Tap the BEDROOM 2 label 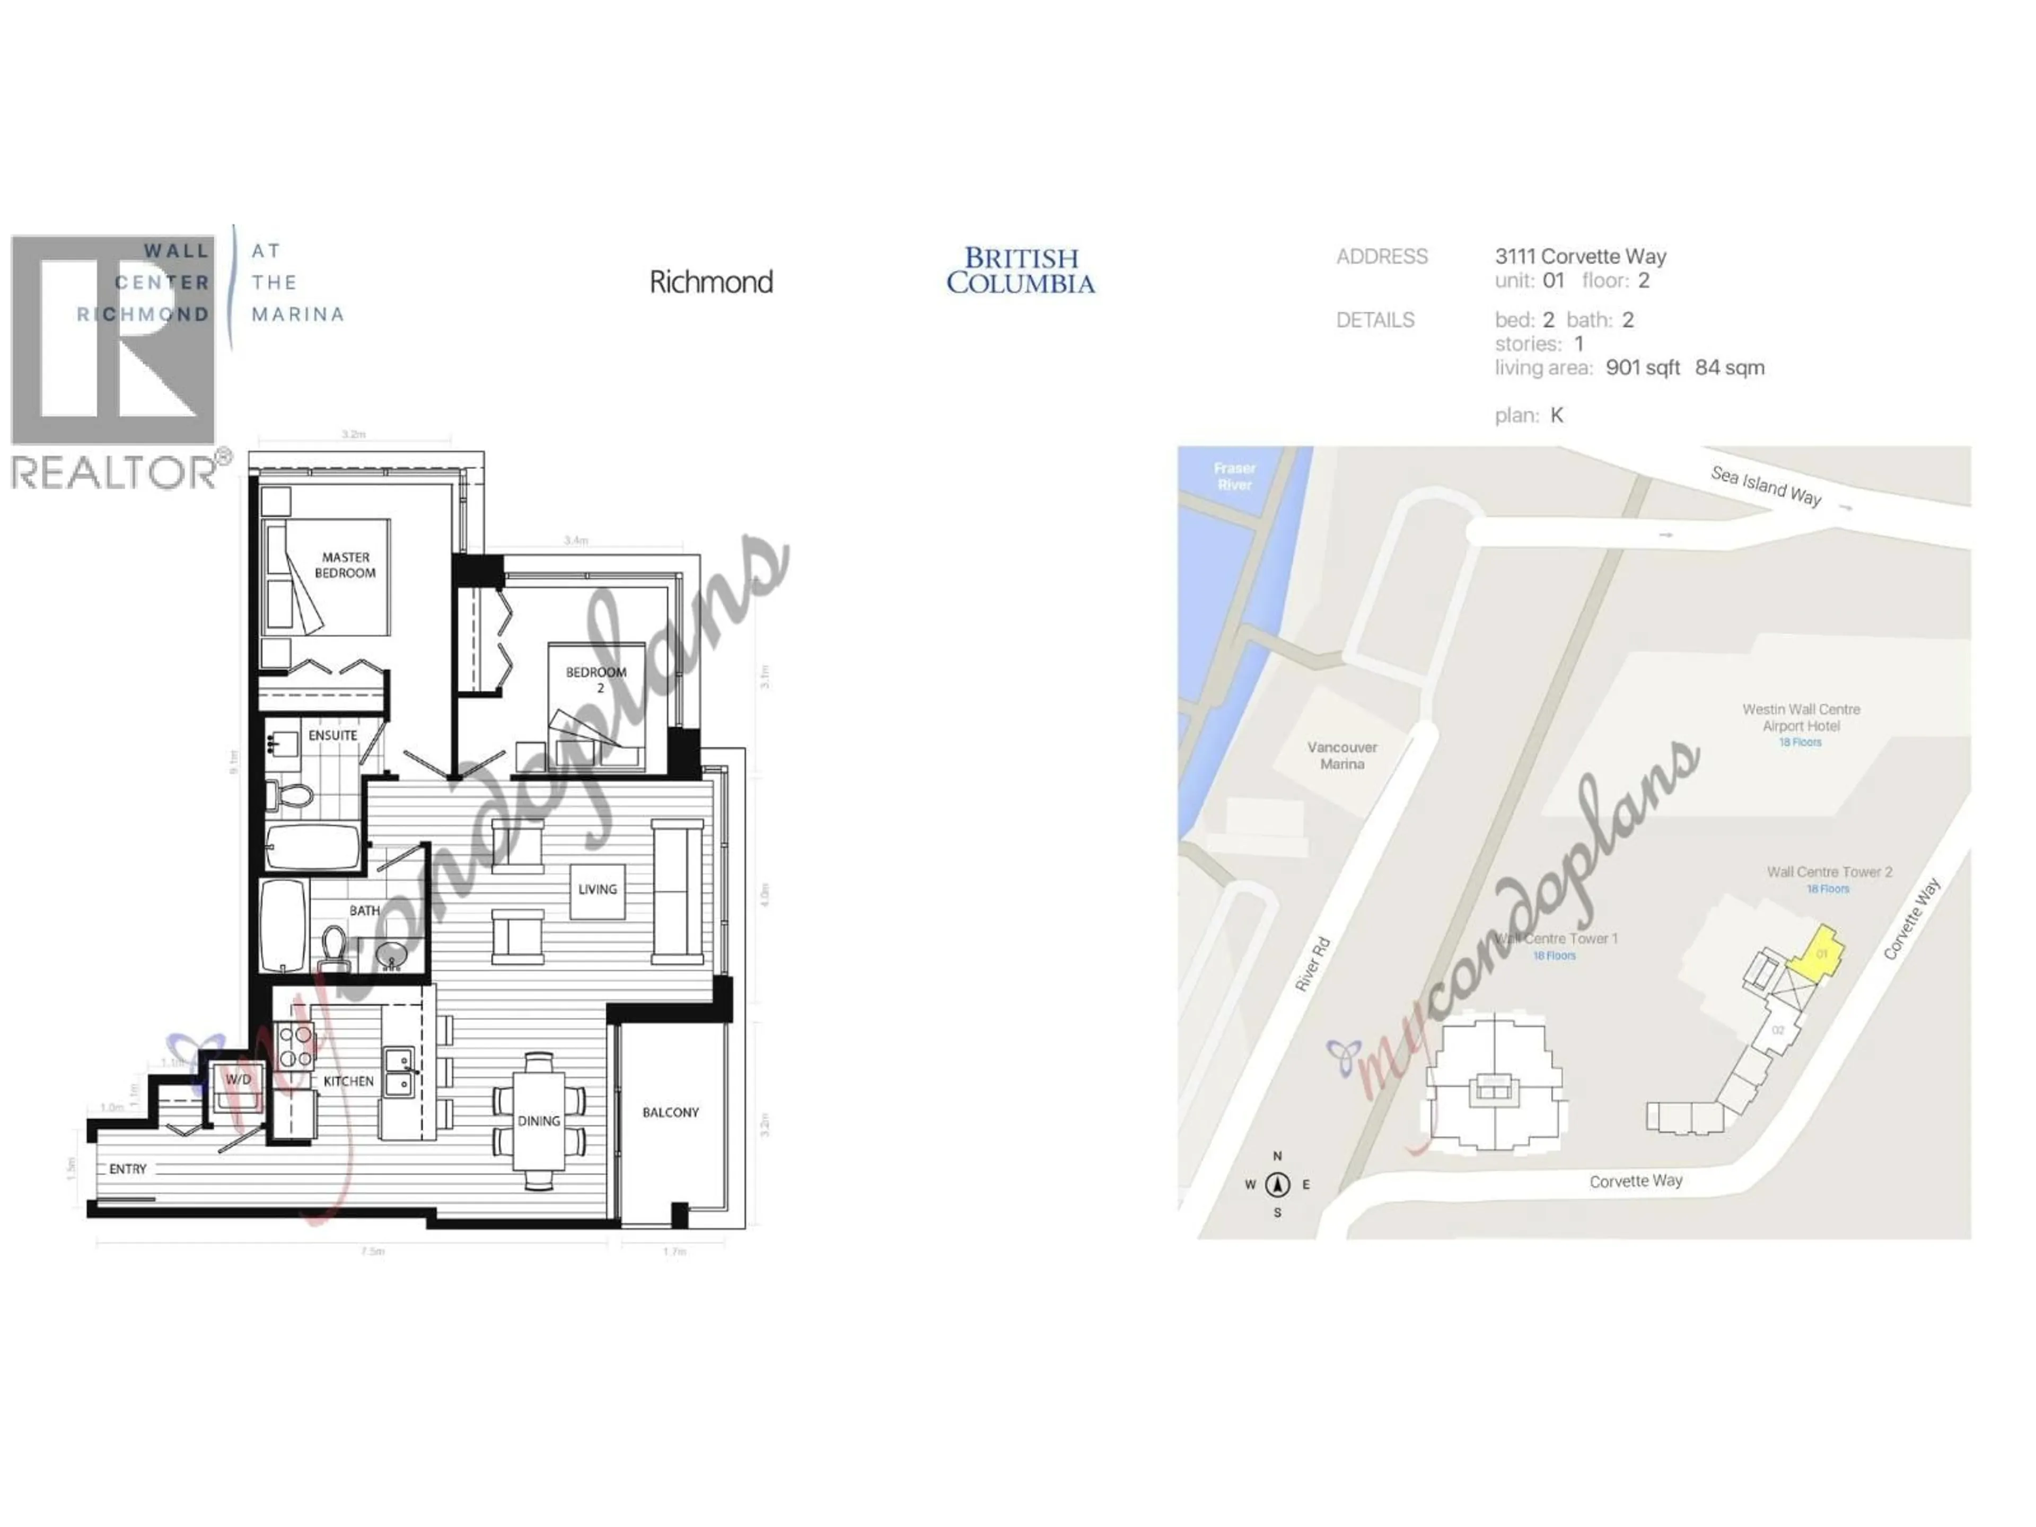(x=596, y=679)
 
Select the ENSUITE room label (x=332, y=735)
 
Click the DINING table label (x=539, y=1120)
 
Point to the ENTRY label (x=128, y=1169)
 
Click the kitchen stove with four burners (x=295, y=1046)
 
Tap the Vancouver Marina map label (x=1342, y=756)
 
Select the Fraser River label (x=1234, y=477)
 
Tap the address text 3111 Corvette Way (x=1581, y=257)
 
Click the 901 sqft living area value (x=1642, y=367)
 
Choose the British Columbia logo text (x=1021, y=270)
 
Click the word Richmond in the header (x=710, y=282)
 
